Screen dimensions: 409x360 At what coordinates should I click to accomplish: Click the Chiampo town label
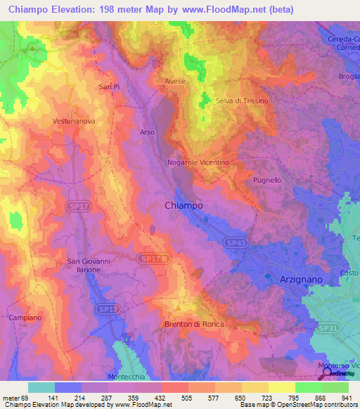point(184,205)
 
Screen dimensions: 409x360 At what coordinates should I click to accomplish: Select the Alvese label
point(175,82)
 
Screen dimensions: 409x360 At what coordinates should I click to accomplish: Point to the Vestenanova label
point(73,121)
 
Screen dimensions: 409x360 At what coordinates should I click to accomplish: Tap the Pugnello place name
point(267,180)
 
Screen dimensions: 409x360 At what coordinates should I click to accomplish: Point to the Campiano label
point(26,318)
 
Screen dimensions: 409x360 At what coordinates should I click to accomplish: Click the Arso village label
point(147,131)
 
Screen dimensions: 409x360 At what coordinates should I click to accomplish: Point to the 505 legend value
point(167,398)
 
